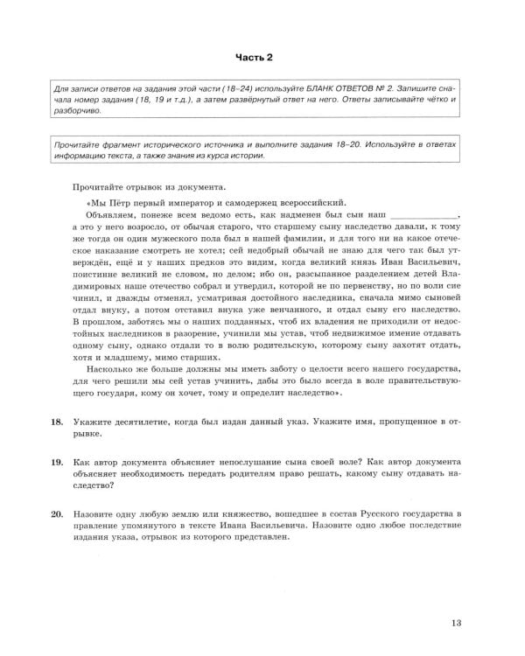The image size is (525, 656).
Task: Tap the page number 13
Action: (x=456, y=623)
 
